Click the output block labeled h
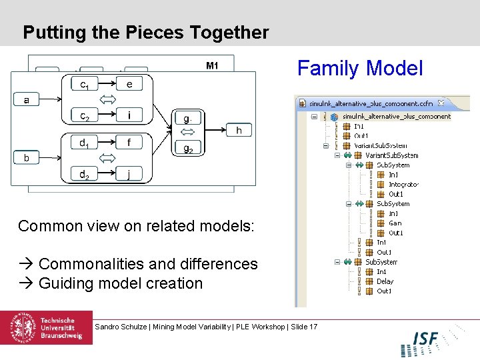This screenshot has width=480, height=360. pos(239,131)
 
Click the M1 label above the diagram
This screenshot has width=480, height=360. pos(212,65)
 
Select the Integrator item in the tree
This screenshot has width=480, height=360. pos(403,185)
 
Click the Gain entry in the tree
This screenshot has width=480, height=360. pos(395,223)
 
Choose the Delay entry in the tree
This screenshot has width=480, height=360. pos(385,281)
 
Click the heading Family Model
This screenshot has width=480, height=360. pos(360,69)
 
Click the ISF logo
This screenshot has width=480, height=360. pos(425,339)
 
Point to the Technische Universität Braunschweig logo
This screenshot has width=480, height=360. pos(46,328)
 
